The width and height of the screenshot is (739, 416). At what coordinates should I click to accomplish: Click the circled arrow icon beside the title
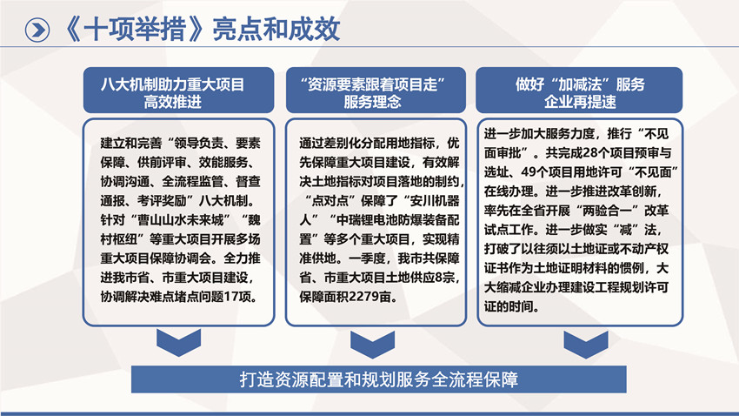click(37, 30)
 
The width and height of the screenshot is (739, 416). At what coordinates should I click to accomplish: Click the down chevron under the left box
click(178, 342)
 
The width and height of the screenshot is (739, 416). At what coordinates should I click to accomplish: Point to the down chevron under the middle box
click(373, 345)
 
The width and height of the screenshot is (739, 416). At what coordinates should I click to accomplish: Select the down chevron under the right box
click(586, 345)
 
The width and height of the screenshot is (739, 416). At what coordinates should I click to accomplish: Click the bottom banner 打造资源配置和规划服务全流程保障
click(379, 379)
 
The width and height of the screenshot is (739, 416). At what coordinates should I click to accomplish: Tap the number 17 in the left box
click(231, 297)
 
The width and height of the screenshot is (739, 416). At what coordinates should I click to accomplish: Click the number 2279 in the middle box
click(363, 297)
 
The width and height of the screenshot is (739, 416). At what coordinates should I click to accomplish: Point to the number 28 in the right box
click(590, 153)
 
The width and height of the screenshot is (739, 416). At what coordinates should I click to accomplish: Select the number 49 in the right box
click(529, 172)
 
